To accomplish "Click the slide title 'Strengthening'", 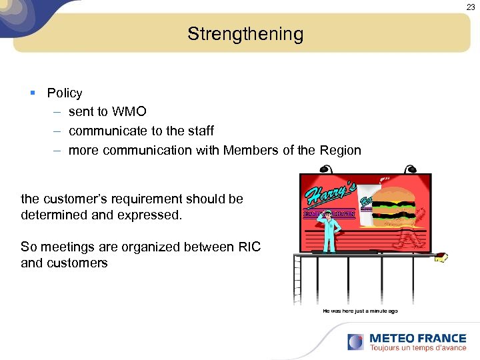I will pyautogui.click(x=245, y=34).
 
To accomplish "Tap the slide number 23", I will pyautogui.click(x=471, y=7).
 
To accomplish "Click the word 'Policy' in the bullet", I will pyautogui.click(x=65, y=93).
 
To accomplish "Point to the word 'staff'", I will pyautogui.click(x=199, y=131).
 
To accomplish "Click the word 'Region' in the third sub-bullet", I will pyautogui.click(x=340, y=150).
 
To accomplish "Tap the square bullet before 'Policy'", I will pyautogui.click(x=33, y=93).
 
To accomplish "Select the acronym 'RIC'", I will pyautogui.click(x=249, y=247).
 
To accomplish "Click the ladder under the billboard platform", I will pyautogui.click(x=298, y=280).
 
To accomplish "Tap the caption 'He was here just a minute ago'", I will pyautogui.click(x=360, y=311).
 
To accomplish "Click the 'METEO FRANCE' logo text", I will pyautogui.click(x=417, y=338).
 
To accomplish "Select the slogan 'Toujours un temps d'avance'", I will pyautogui.click(x=417, y=348).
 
